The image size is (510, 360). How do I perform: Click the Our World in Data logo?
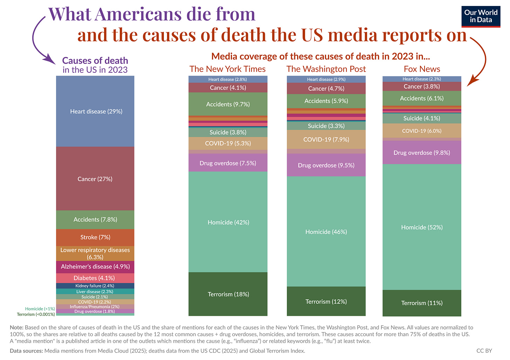coord(481,16)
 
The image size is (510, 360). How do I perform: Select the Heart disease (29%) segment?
coord(95,111)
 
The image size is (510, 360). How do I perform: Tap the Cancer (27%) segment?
coord(95,179)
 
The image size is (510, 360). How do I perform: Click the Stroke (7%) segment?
coord(95,237)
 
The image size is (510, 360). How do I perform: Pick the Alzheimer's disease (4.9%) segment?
coord(95,266)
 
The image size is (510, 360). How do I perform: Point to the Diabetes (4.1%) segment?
coord(95,278)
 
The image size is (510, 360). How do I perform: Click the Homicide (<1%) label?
coord(40,309)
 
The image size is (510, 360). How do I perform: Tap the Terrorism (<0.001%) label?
coord(36,314)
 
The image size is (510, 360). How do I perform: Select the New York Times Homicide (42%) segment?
coord(228,222)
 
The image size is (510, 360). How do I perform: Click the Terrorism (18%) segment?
coord(228,294)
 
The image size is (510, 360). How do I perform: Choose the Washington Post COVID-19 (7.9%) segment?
coord(326,139)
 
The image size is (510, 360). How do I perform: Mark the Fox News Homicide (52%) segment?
coord(422,227)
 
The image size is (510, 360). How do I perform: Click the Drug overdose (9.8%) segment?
coord(422,153)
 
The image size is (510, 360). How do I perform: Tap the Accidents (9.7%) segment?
coord(228,104)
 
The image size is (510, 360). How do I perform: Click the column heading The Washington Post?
coord(326,69)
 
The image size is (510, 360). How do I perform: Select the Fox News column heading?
coord(422,69)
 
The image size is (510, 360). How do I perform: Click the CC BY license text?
coord(484,351)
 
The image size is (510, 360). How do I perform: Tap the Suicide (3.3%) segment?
coord(326,126)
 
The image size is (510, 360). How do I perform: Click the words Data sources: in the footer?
coord(26,351)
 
